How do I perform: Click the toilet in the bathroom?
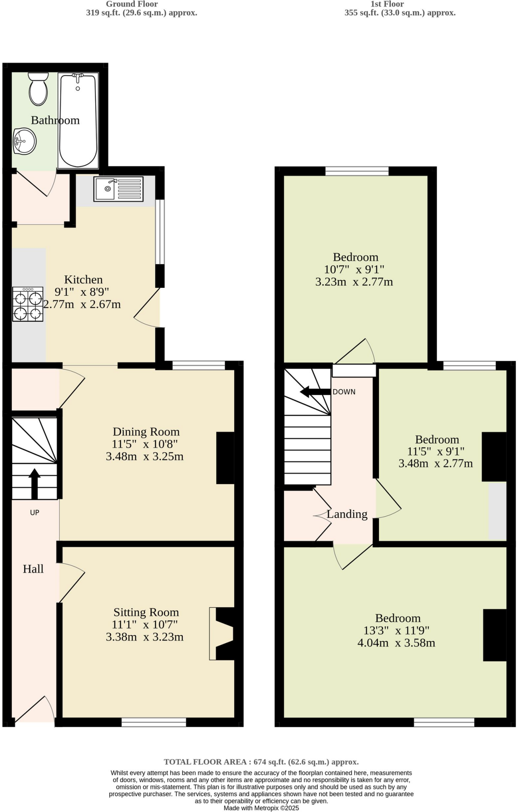[x=38, y=90]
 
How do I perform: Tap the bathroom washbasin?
[x=24, y=141]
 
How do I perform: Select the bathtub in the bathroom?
[x=78, y=121]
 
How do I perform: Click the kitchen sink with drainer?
[x=119, y=189]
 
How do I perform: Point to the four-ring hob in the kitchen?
[x=28, y=304]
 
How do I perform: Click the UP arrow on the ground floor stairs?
[x=34, y=483]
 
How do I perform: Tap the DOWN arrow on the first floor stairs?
[x=315, y=392]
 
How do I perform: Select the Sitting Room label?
[x=146, y=612]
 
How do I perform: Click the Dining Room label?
[x=146, y=431]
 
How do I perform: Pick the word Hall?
[x=33, y=569]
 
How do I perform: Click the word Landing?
[x=347, y=514]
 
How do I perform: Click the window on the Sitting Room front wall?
[x=154, y=722]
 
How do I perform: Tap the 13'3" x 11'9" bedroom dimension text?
[x=396, y=630]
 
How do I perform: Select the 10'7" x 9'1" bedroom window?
[x=357, y=171]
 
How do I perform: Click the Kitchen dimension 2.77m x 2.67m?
[x=82, y=304]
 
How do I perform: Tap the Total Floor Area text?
[x=261, y=762]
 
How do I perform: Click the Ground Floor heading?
[x=132, y=4]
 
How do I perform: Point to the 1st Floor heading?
[x=387, y=4]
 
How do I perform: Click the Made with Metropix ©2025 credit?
[x=261, y=808]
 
